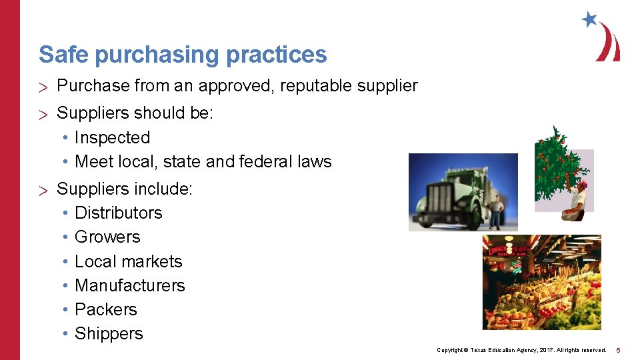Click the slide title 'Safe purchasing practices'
tap(183, 55)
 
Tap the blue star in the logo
tap(589, 19)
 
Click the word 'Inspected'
tap(112, 137)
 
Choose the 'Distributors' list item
tap(118, 213)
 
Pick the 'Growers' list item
tap(107, 237)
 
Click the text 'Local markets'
tap(128, 261)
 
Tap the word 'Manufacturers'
tap(129, 285)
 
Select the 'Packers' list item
tap(105, 309)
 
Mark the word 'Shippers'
tap(109, 333)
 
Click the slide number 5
tap(618, 350)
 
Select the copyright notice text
tap(521, 350)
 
